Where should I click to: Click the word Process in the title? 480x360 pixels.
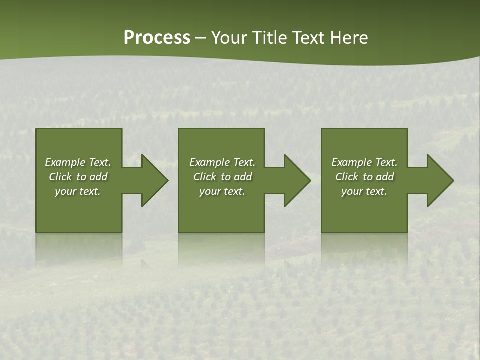pyautogui.click(x=157, y=38)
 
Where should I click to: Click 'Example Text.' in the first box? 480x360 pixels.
pyautogui.click(x=78, y=162)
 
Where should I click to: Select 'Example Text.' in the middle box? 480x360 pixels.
pyautogui.click(x=222, y=162)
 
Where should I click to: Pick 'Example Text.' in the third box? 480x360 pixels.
pyautogui.click(x=364, y=162)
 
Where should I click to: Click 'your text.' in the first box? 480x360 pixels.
pyautogui.click(x=78, y=191)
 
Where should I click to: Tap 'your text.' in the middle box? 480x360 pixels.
pyautogui.click(x=222, y=191)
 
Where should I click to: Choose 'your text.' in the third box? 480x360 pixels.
pyautogui.click(x=364, y=191)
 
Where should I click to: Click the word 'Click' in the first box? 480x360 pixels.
pyautogui.click(x=61, y=177)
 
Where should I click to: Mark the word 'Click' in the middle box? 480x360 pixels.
pyautogui.click(x=205, y=177)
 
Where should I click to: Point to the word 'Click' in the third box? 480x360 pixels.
pyautogui.click(x=347, y=177)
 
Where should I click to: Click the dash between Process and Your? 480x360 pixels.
pyautogui.click(x=201, y=38)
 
